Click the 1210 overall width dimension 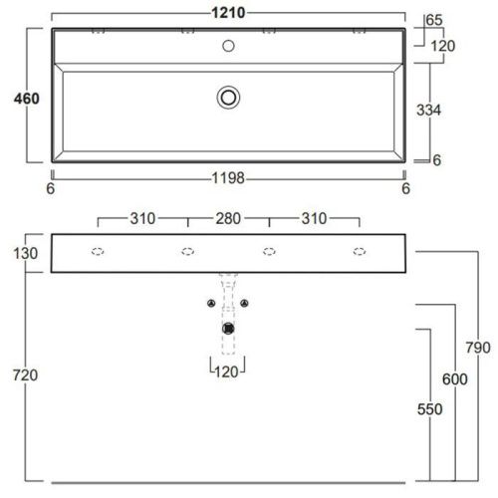[228, 11]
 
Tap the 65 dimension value [434, 20]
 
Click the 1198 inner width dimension [228, 178]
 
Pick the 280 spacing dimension [229, 219]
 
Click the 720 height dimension [24, 375]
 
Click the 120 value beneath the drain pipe [229, 373]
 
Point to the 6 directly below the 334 [436, 159]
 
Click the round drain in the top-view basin [229, 97]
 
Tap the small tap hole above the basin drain [229, 45]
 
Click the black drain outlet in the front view [229, 326]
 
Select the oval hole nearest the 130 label [98, 251]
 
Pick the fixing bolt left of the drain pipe [211, 303]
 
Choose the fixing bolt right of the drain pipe [245, 303]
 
